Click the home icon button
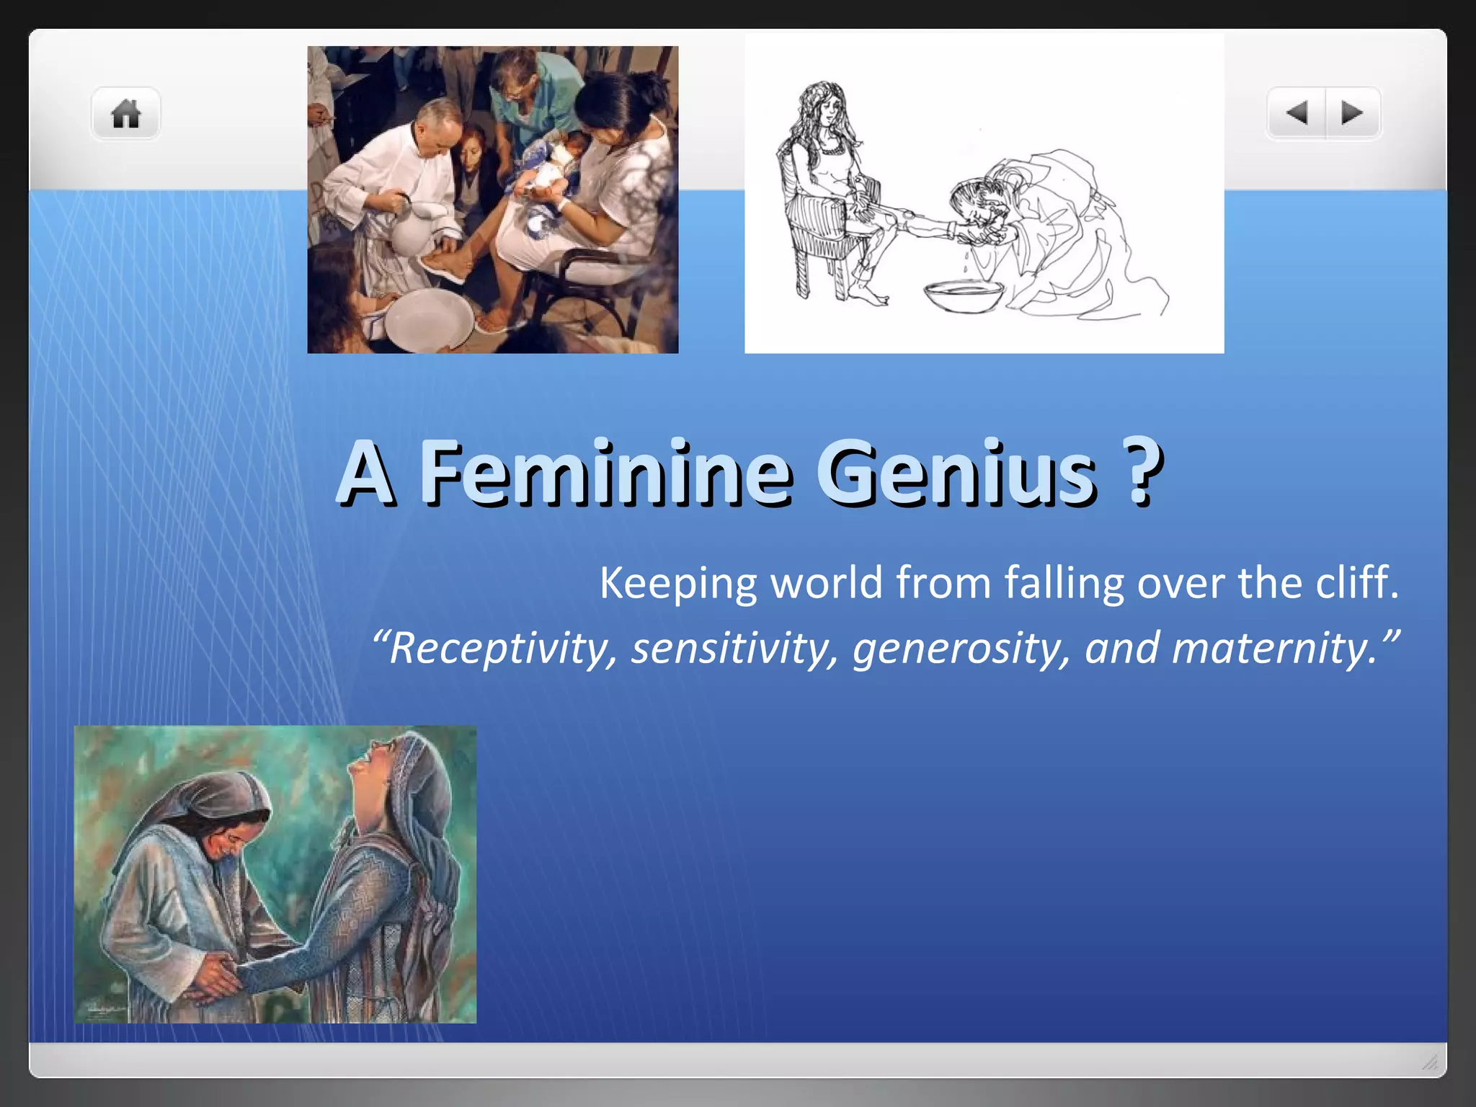point(125,114)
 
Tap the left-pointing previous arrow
point(1297,113)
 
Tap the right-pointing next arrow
point(1352,113)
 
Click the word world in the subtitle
point(826,582)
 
